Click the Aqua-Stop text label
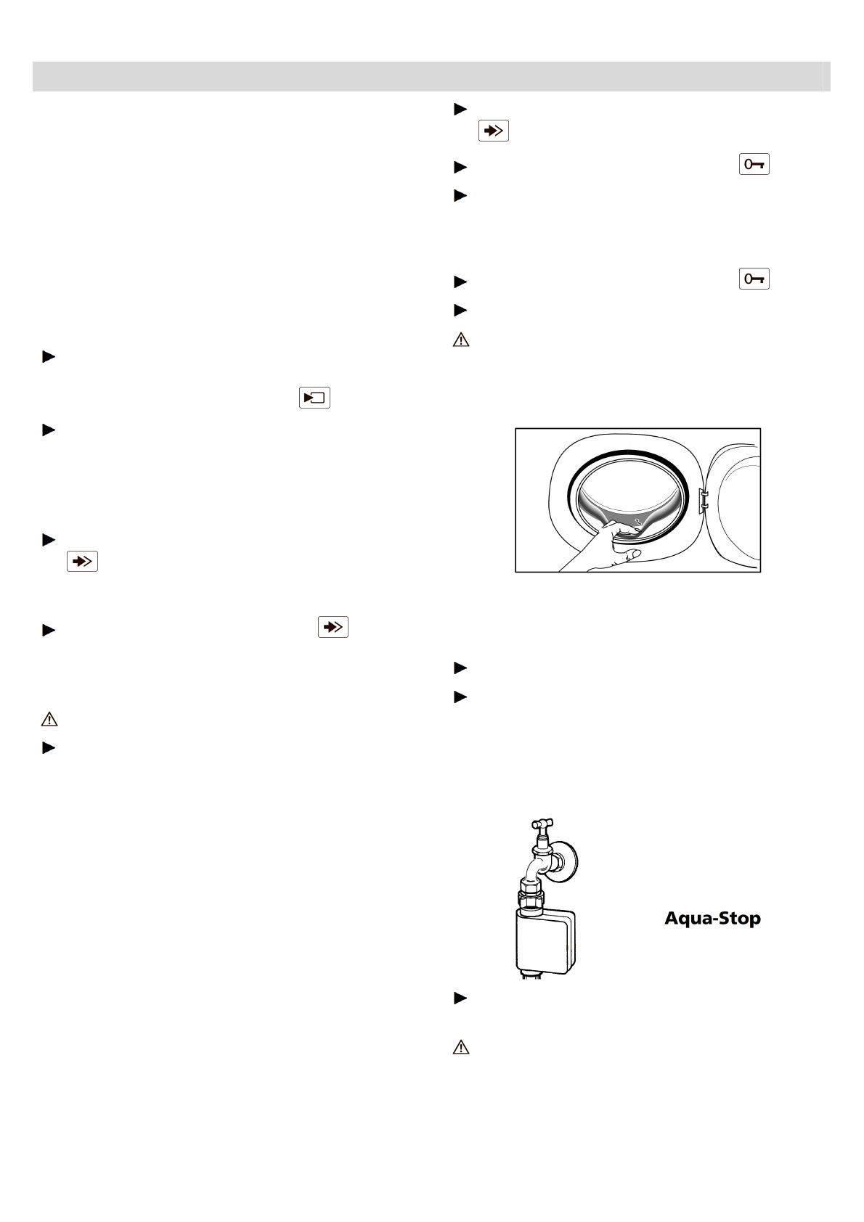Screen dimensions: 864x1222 pyautogui.click(x=712, y=919)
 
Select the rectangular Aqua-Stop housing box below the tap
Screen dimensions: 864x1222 pyautogui.click(x=545, y=940)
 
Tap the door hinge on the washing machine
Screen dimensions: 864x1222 pyautogui.click(x=702, y=499)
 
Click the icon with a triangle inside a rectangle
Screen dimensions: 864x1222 pyautogui.click(x=314, y=398)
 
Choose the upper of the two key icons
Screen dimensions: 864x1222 pyautogui.click(x=754, y=165)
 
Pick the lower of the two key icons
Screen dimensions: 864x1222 pyautogui.click(x=754, y=279)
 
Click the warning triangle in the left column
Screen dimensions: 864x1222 pyautogui.click(x=49, y=719)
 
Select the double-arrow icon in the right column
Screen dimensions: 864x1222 pyautogui.click(x=493, y=131)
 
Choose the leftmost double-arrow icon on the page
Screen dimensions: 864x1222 pyautogui.click(x=82, y=562)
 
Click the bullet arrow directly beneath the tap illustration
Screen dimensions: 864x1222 pyautogui.click(x=459, y=998)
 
